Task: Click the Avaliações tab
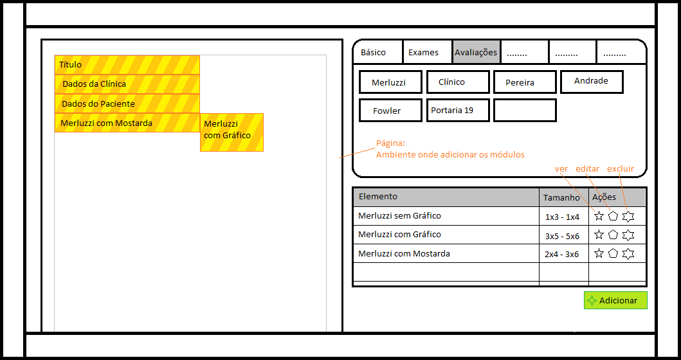477,52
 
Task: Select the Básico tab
379,52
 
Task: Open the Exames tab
428,52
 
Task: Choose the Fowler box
390,111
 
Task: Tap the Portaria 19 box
458,111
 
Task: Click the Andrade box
592,82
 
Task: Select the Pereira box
525,82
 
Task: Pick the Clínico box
458,82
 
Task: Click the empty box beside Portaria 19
525,111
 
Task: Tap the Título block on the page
127,65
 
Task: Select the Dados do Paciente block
127,104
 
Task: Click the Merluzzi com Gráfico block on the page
232,132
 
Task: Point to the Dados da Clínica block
127,84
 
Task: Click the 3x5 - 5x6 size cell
563,236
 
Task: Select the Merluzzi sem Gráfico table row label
399,215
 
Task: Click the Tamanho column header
561,197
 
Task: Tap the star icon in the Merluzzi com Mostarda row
599,253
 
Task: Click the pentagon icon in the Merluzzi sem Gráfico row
613,216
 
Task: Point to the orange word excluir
620,168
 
